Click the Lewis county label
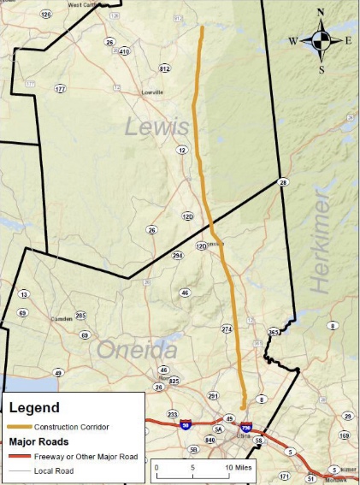point(156,127)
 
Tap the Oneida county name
point(137,350)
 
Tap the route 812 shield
point(164,68)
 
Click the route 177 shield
point(60,89)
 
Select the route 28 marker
point(282,181)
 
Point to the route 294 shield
point(178,256)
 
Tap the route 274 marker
point(227,328)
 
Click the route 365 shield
point(274,332)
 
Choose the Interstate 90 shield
point(186,424)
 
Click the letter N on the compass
point(321,13)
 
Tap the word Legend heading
point(34,407)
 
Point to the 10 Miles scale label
point(238,469)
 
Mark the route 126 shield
point(45,15)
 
